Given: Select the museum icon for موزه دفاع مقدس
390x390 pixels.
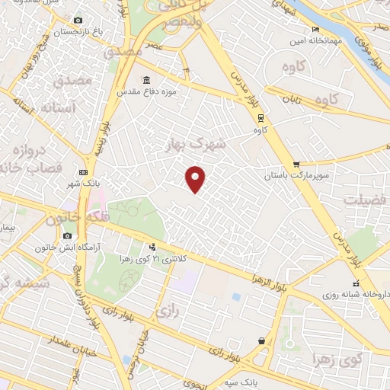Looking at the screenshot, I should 146,79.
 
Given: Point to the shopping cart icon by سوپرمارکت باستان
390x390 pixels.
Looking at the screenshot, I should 296,165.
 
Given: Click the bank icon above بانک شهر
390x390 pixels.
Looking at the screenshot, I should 83,173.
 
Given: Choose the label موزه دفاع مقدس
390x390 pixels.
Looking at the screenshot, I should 146,91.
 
